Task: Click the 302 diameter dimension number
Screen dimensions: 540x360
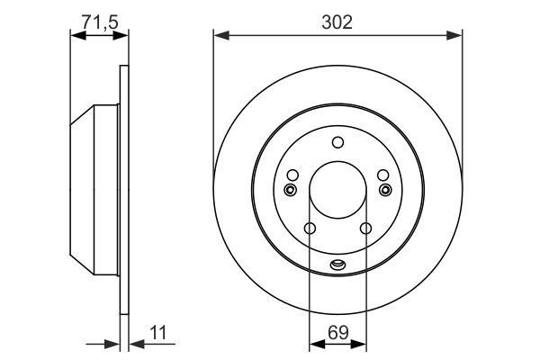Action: click(x=337, y=22)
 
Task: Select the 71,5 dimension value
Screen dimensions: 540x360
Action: click(x=100, y=22)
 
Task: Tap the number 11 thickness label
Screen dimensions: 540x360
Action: click(x=158, y=333)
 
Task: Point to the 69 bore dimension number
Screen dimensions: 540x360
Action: click(x=338, y=333)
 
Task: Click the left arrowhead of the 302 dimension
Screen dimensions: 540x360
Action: click(x=221, y=35)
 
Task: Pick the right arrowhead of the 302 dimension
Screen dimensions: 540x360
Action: click(x=454, y=35)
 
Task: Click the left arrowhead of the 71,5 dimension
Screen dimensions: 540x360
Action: click(x=78, y=35)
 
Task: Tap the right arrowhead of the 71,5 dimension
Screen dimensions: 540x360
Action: click(x=121, y=35)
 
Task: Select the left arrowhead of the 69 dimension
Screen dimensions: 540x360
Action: click(x=318, y=344)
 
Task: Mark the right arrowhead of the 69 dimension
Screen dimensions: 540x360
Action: click(x=358, y=344)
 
